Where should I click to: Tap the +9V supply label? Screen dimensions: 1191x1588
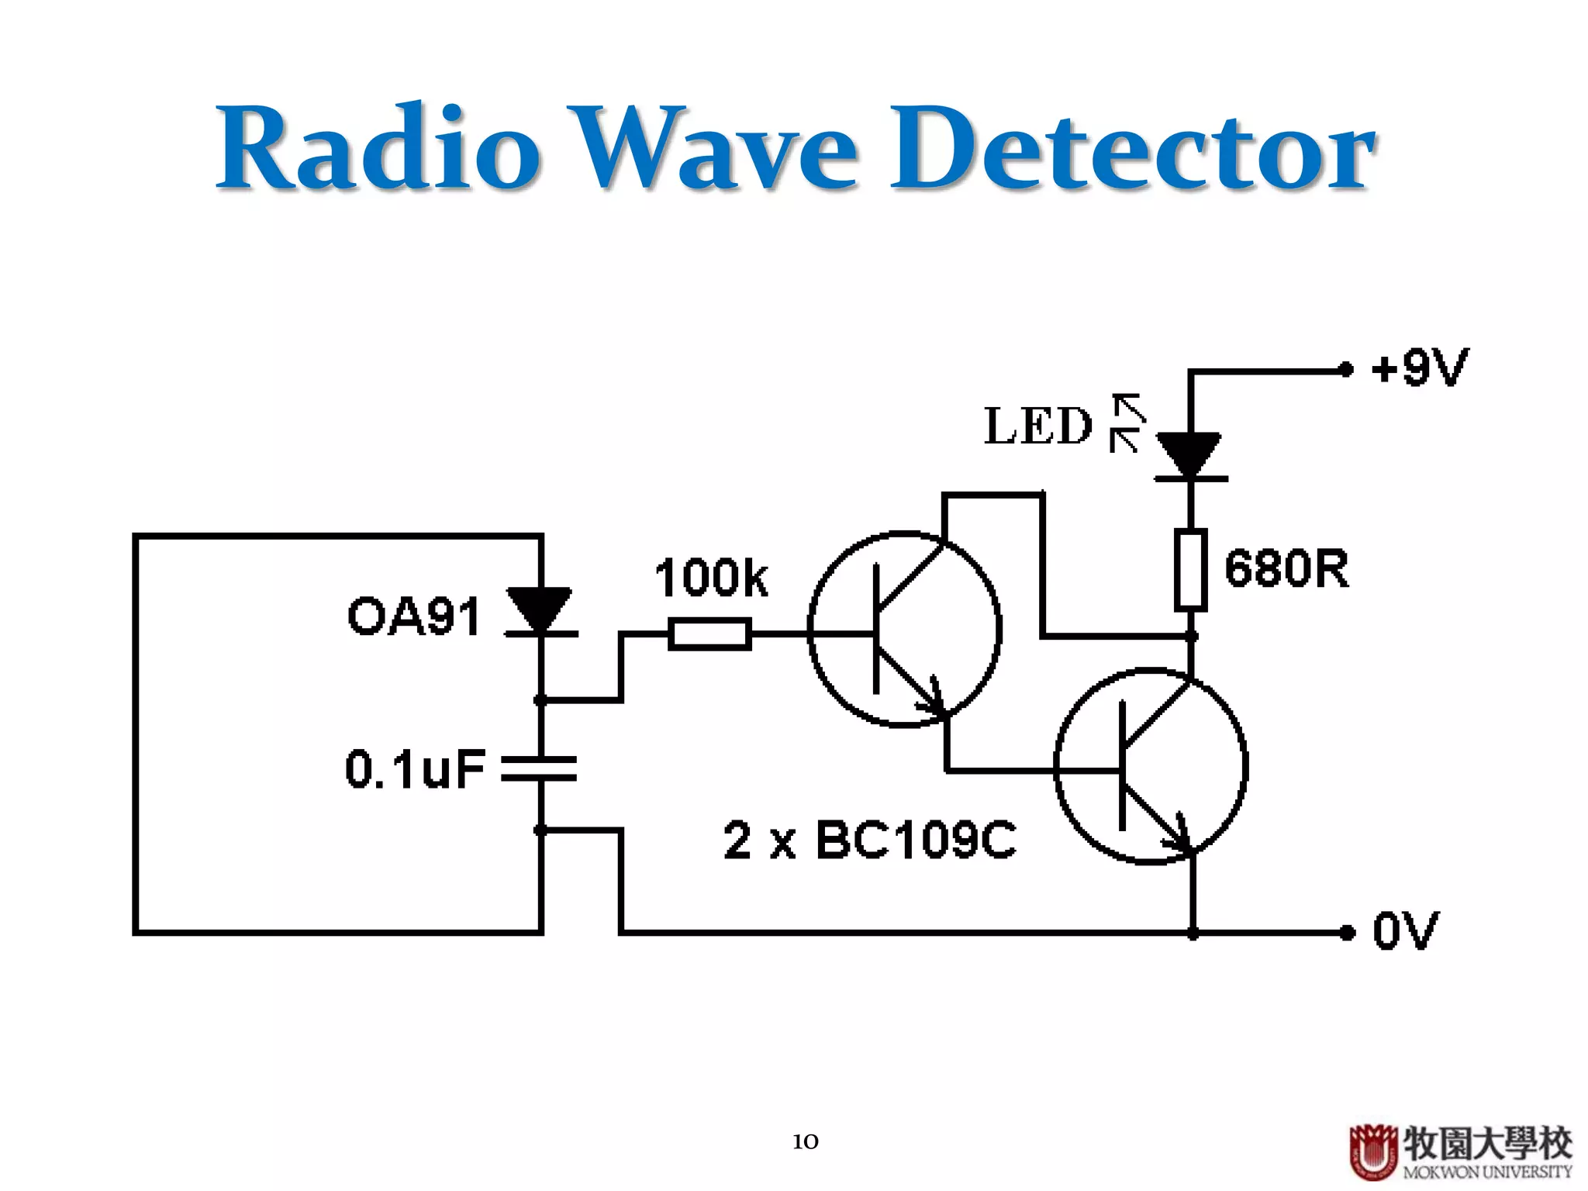[1419, 368]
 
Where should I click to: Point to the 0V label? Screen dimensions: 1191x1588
[1405, 930]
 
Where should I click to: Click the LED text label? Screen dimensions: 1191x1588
[1037, 426]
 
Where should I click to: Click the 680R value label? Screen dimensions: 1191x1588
[1286, 568]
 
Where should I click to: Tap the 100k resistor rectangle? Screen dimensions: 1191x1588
[709, 633]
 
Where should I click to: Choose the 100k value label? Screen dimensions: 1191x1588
[711, 578]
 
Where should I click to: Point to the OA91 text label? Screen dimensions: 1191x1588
[413, 616]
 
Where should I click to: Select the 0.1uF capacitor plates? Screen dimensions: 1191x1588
[540, 768]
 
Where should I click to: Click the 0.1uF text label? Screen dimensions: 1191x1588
[415, 769]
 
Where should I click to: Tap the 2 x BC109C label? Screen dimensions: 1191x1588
[869, 840]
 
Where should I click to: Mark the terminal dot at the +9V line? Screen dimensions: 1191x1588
[1347, 370]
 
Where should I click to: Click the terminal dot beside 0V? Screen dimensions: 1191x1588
[1348, 932]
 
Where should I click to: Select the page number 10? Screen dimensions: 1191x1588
[805, 1141]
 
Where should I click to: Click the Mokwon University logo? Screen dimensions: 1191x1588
[1460, 1151]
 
